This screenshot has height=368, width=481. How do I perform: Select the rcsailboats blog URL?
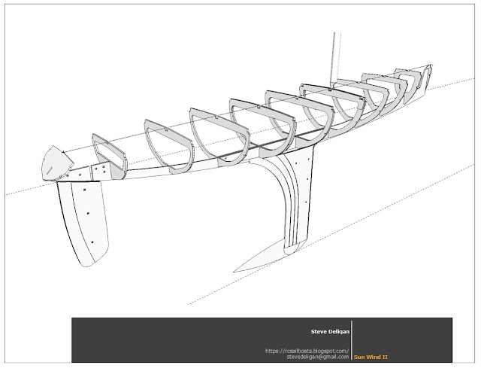(x=307, y=350)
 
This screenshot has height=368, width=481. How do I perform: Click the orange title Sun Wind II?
(x=371, y=357)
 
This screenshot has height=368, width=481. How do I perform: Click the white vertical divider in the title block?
(x=351, y=340)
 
